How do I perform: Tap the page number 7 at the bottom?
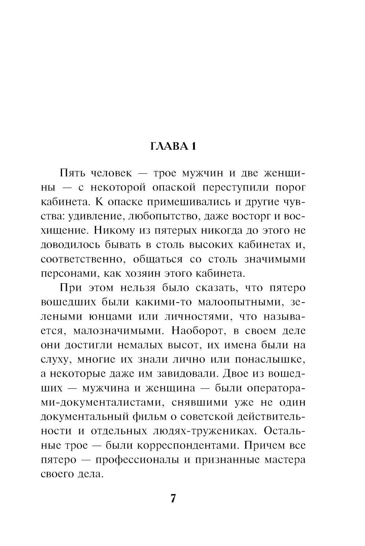[x=173, y=499]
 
